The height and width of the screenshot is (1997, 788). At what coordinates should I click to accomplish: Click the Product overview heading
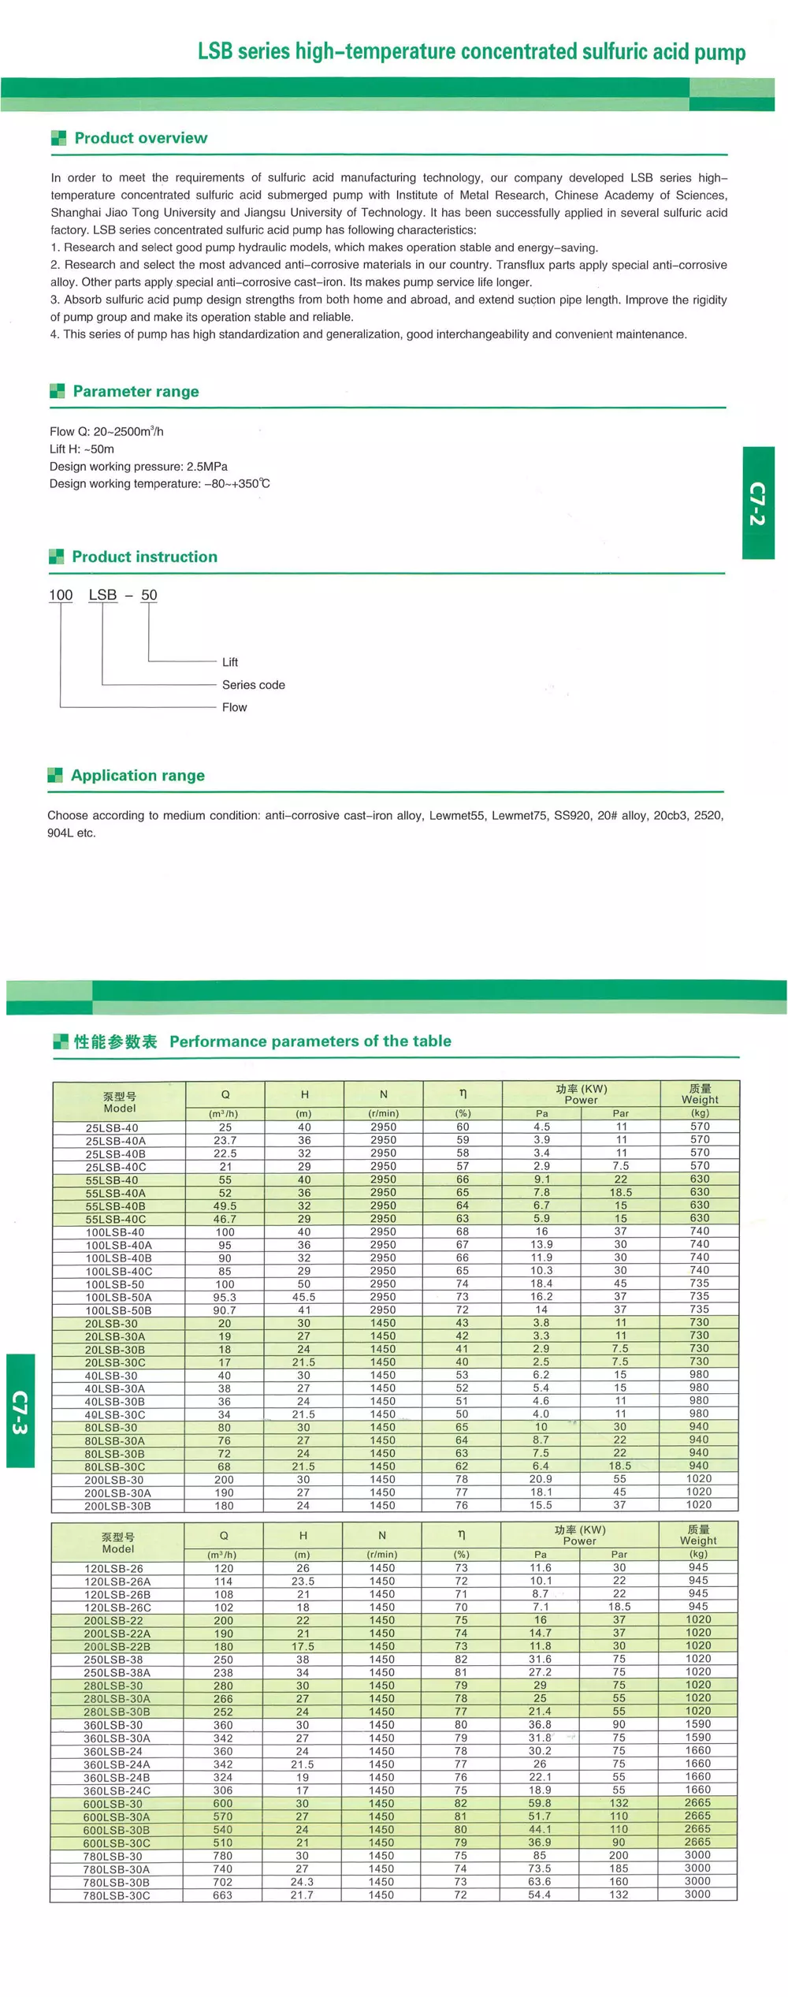pos(140,138)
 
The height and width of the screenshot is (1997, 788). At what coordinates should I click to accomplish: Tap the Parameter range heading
pos(136,392)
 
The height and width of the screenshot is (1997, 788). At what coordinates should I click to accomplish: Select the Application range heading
pos(137,776)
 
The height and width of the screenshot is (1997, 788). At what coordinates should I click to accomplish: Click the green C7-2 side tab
pos(758,503)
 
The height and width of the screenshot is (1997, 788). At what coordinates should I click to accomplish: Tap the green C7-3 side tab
pos(20,1410)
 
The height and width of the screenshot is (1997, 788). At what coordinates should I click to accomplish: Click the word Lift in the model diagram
pos(229,662)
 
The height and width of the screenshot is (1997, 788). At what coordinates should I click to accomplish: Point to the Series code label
pos(253,685)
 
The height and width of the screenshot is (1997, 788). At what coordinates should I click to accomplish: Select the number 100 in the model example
pos(61,595)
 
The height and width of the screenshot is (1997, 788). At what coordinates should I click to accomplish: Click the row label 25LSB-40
pos(112,1127)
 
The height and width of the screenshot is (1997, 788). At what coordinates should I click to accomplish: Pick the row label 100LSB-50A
pos(118,1297)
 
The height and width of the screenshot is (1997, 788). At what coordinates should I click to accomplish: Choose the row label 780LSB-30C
pos(117,1895)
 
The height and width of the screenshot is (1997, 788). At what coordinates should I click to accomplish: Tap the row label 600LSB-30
pos(113,1804)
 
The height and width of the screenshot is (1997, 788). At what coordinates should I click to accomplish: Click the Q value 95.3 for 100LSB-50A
pos(225,1297)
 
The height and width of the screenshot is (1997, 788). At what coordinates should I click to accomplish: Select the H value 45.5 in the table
pos(304,1297)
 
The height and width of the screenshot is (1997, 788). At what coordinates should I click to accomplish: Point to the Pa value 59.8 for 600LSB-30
pos(540,1803)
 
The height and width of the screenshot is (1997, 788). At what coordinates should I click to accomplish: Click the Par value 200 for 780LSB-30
pos(619,1856)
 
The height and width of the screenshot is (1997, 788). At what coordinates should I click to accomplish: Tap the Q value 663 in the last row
pos(223,1895)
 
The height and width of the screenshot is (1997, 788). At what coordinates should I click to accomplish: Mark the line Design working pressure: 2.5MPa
pos(139,467)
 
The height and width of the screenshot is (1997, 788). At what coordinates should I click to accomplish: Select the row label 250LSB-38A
pos(117,1672)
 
